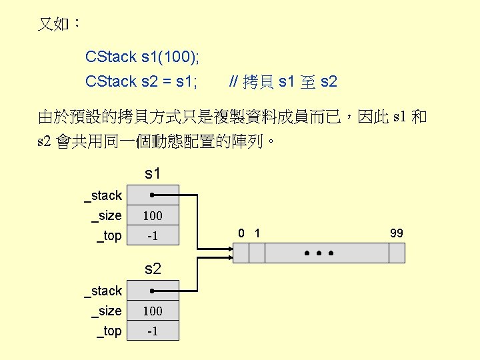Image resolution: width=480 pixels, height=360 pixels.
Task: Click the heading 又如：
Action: (59, 25)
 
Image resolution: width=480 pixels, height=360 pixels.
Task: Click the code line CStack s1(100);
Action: (142, 57)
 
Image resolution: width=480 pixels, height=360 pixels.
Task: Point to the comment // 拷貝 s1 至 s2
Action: (283, 82)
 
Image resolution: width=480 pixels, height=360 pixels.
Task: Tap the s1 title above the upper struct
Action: (153, 174)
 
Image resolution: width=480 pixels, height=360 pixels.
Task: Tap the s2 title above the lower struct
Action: (153, 269)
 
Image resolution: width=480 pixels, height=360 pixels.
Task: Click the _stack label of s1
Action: (103, 195)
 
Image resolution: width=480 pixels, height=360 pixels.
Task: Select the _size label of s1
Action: (107, 215)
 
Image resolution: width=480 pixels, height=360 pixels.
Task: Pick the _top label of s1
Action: (109, 235)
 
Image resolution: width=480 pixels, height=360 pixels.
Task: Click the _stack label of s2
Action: (103, 291)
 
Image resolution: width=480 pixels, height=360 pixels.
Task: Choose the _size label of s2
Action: (107, 311)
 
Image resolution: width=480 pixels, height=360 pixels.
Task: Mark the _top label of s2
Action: (109, 331)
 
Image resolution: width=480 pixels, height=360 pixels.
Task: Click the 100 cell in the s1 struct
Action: (153, 215)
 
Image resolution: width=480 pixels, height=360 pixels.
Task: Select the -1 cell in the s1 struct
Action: (153, 236)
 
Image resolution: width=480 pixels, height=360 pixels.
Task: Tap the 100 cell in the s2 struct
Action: (153, 311)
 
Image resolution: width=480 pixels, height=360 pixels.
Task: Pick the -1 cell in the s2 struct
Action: (153, 331)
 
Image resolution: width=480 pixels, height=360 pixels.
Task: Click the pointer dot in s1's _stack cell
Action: (153, 195)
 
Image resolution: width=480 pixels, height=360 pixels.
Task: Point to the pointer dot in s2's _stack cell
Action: (153, 291)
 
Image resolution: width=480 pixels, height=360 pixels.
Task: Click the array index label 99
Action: (397, 233)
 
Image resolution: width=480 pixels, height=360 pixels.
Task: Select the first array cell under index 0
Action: (240, 253)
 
